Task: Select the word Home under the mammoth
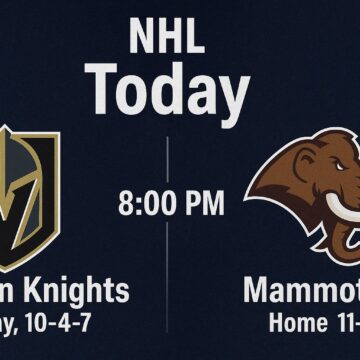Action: (x=297, y=324)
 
